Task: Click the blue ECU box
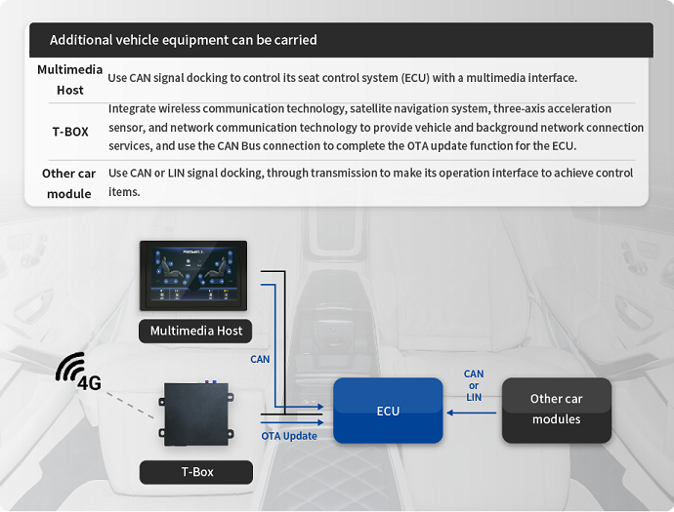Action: [x=388, y=411]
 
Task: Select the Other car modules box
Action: [x=556, y=411]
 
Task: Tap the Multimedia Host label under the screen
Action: [x=195, y=331]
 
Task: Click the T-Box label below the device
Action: [x=196, y=472]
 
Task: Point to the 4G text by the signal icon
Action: [x=90, y=383]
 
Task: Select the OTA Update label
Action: [x=289, y=436]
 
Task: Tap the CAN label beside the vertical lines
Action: [x=260, y=359]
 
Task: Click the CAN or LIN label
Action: [x=474, y=385]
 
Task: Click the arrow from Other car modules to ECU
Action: [x=472, y=413]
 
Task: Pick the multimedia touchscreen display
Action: [x=193, y=276]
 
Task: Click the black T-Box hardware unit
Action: [x=196, y=414]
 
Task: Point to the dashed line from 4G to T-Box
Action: [x=130, y=405]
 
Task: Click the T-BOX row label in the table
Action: [x=70, y=132]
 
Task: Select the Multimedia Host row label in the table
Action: [x=70, y=80]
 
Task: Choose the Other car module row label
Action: [x=68, y=183]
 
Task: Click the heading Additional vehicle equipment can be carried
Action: [x=183, y=40]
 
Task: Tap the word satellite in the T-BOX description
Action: [x=370, y=108]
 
